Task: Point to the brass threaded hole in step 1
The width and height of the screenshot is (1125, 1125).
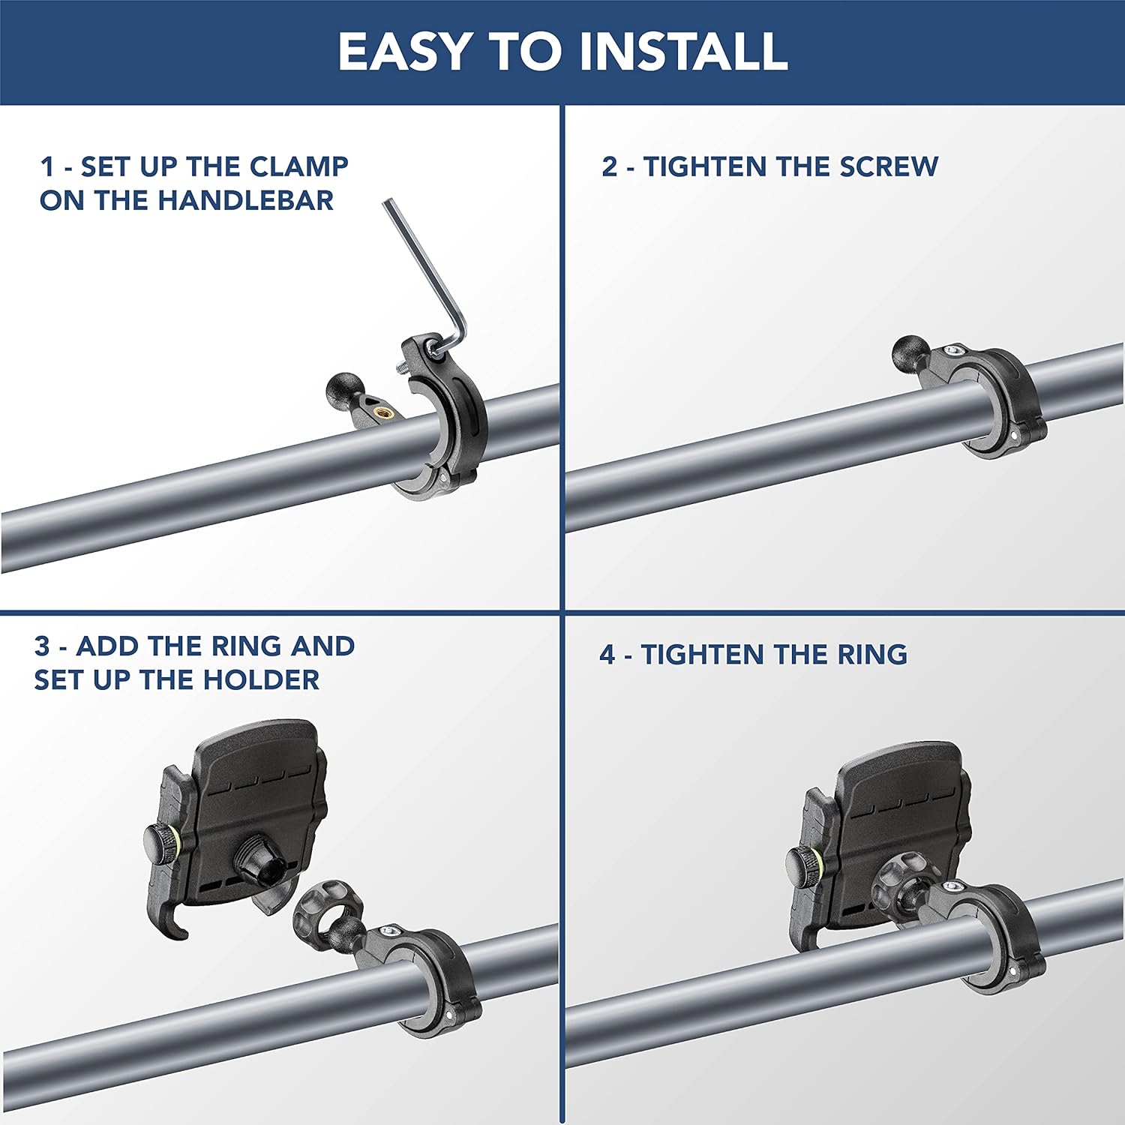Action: (385, 412)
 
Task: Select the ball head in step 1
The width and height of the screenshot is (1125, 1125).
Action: (346, 391)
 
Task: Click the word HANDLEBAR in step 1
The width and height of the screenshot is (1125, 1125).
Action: (246, 200)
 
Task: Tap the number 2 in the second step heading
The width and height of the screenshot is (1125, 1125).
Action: (610, 166)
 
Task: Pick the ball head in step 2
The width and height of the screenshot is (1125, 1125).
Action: (912, 354)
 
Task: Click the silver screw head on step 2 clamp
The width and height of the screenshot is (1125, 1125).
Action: (955, 349)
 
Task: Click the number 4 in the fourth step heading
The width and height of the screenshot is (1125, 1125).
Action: (608, 655)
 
